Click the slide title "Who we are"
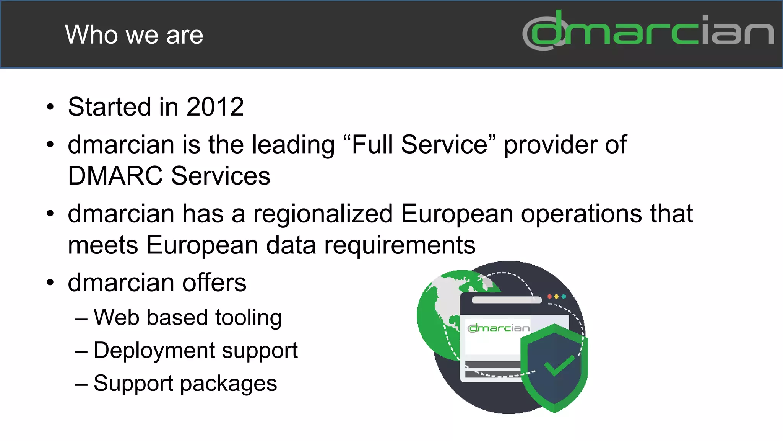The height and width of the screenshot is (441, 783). pyautogui.click(x=134, y=34)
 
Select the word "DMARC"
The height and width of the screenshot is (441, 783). pyautogui.click(x=115, y=176)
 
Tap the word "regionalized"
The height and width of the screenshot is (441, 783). pyautogui.click(x=323, y=214)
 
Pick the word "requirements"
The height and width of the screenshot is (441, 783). pyautogui.click(x=400, y=245)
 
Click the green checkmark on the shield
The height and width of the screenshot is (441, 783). pyautogui.click(x=559, y=365)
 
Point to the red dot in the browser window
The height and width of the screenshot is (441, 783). pyautogui.click(x=550, y=297)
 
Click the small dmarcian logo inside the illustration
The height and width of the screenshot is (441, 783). pyautogui.click(x=499, y=328)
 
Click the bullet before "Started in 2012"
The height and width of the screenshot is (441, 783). pyautogui.click(x=50, y=107)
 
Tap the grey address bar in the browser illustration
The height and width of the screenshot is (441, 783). pyautogui.click(x=507, y=300)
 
